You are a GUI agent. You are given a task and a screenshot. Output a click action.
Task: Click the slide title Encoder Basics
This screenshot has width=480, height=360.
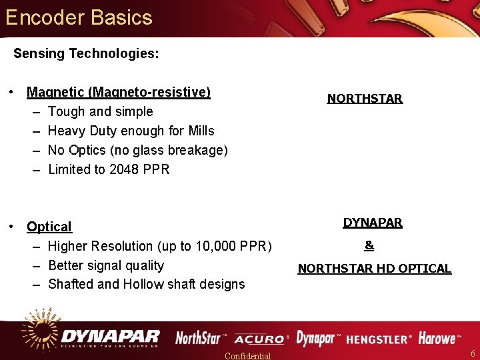click(79, 17)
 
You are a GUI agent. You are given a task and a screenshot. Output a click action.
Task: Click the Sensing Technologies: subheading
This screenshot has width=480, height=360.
click(86, 53)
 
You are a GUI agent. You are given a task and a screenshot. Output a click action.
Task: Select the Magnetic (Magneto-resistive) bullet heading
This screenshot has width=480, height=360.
click(119, 92)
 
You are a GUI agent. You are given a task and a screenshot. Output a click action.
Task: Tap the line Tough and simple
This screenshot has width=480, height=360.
click(100, 111)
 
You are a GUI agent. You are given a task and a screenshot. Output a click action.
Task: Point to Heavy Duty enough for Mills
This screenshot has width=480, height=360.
click(131, 131)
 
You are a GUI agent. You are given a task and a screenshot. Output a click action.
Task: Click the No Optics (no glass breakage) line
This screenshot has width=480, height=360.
click(137, 150)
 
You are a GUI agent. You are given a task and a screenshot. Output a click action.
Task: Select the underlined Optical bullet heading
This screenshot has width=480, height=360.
click(49, 227)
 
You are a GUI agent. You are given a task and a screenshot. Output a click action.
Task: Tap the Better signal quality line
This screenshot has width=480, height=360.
click(106, 265)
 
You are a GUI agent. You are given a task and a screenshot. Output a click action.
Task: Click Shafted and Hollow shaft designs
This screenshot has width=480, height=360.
click(146, 284)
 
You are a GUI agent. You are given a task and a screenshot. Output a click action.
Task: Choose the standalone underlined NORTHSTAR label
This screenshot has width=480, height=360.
click(365, 99)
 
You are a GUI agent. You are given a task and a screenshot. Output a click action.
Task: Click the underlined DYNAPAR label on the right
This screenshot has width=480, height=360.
click(373, 223)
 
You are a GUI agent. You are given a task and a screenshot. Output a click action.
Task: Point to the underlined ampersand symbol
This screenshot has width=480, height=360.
click(369, 245)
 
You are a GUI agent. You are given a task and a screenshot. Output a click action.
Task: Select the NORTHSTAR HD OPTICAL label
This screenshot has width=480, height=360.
click(374, 269)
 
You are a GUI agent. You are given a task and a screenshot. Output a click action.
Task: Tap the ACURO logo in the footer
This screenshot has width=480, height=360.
click(260, 339)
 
